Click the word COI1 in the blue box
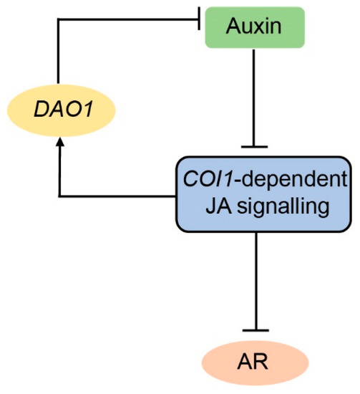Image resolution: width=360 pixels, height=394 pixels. click(x=210, y=180)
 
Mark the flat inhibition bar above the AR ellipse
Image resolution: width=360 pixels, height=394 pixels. click(x=256, y=330)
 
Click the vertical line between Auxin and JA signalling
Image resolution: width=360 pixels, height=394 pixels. click(x=256, y=100)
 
